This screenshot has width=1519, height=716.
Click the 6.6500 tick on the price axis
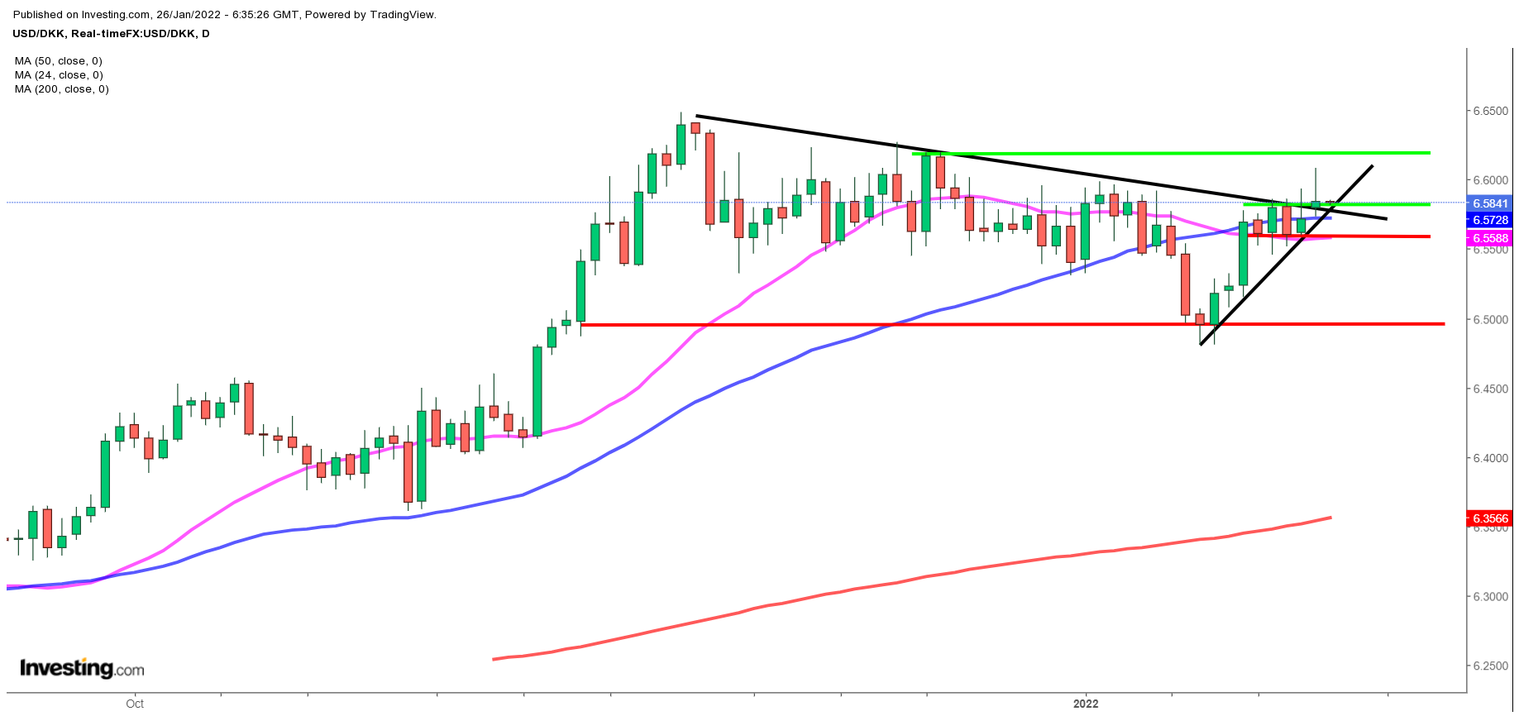[1489, 111]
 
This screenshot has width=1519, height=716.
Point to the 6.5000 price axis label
[1489, 319]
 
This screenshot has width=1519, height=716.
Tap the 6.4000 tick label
[1489, 458]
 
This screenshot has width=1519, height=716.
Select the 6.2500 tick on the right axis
[1489, 666]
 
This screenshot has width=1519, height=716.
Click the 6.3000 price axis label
[1489, 597]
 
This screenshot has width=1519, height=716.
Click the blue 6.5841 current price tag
[1490, 203]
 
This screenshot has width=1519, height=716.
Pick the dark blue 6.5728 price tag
[1490, 220]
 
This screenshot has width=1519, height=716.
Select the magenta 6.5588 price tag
[1490, 238]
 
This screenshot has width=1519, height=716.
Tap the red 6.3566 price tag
[1490, 519]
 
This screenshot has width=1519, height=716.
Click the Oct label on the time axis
[135, 704]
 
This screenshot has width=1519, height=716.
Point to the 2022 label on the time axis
[1086, 704]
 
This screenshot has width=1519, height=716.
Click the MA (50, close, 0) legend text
[59, 61]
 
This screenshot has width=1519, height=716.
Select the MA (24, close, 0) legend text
[59, 75]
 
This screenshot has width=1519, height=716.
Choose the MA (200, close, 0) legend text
[62, 89]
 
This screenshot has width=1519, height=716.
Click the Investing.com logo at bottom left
[82, 668]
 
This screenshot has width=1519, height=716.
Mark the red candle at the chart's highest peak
[695, 129]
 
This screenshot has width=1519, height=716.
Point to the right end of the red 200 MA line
[1330, 518]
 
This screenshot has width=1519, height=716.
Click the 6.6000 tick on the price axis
[1489, 180]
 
